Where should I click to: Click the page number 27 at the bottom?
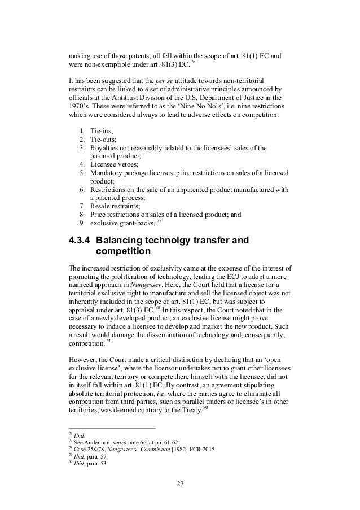coord(179,484)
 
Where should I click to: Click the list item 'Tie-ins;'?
coord(103,131)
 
